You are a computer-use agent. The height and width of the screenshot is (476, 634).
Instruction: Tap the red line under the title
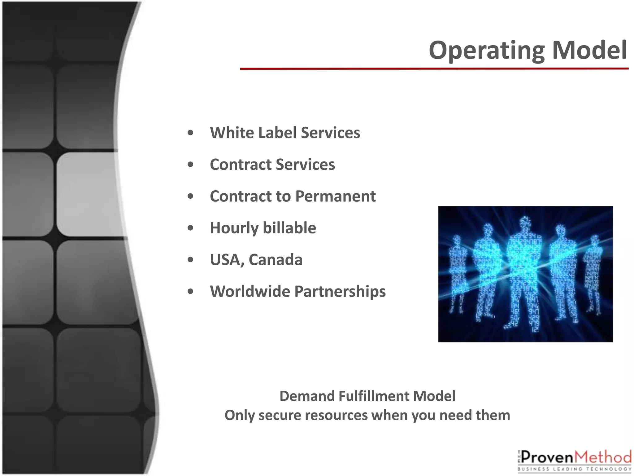tap(433, 68)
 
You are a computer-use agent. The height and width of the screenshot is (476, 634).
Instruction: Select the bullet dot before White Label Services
tap(191, 133)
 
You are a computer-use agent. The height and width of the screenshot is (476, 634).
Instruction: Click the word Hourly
tap(233, 228)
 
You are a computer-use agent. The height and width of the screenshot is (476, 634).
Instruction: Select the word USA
tap(226, 260)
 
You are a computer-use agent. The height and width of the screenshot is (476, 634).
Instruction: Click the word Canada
tap(275, 260)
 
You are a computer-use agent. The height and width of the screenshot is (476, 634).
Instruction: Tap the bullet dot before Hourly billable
tap(191, 228)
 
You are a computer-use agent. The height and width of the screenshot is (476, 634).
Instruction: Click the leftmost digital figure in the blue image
tap(457, 273)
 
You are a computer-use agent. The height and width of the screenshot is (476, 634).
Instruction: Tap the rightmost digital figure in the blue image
tap(593, 273)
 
